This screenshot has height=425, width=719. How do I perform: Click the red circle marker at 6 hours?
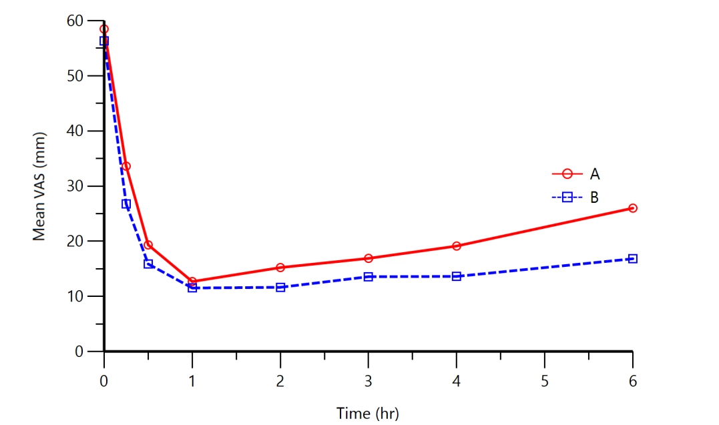pyautogui.click(x=633, y=208)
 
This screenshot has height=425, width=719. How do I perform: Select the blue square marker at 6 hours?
pyautogui.click(x=633, y=259)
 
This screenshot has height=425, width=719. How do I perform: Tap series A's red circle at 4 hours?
pyautogui.click(x=457, y=246)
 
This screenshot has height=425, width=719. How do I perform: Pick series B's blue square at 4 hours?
pyautogui.click(x=457, y=276)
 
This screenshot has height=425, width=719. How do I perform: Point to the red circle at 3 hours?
pyautogui.click(x=369, y=258)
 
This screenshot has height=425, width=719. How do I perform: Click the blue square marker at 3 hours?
pyautogui.click(x=369, y=276)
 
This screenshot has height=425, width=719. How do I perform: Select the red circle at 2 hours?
pyautogui.click(x=280, y=268)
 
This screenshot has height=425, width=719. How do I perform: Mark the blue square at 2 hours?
pyautogui.click(x=280, y=288)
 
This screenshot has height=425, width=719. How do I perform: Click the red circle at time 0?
pyautogui.click(x=104, y=29)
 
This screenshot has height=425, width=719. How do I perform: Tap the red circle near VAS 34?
pyautogui.click(x=126, y=166)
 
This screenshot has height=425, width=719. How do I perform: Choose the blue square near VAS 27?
pyautogui.click(x=126, y=204)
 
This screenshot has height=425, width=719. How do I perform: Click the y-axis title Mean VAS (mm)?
pyautogui.click(x=39, y=186)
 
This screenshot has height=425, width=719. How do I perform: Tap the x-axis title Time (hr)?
pyautogui.click(x=367, y=414)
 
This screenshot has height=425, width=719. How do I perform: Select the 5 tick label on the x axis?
pyautogui.click(x=545, y=382)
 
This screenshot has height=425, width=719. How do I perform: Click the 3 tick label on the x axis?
pyautogui.click(x=369, y=382)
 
